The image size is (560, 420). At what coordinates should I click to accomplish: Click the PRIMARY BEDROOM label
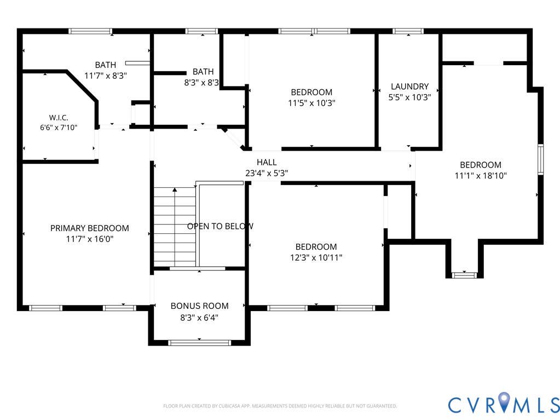coord(90,228)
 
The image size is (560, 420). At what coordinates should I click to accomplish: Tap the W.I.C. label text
coord(59,118)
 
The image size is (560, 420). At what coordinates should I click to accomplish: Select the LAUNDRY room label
coord(409,87)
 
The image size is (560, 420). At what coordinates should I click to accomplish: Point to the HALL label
coord(267,162)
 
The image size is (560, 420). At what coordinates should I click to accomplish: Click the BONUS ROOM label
coord(199,306)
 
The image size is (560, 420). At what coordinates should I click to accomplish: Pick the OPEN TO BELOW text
coord(221,226)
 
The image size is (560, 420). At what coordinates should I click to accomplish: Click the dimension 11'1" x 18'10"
coord(481,176)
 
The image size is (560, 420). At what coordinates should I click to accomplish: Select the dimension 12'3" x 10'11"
coord(316,257)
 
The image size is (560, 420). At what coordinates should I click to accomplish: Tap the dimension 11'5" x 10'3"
coord(311,103)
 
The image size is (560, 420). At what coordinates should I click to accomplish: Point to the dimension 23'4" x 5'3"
coord(267,173)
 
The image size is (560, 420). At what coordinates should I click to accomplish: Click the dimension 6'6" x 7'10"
coord(59,128)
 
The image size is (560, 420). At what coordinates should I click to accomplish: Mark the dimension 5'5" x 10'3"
coord(409,97)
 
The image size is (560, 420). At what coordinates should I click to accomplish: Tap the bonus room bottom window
coord(199,343)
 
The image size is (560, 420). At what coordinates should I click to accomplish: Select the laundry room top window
coord(408,31)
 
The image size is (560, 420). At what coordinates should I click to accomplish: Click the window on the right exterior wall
coord(541,159)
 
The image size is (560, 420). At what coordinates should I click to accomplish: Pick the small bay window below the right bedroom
coord(464,275)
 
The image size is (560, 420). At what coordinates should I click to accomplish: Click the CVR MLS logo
coord(504,404)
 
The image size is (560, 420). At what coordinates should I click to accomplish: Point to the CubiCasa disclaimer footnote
coord(280,406)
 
